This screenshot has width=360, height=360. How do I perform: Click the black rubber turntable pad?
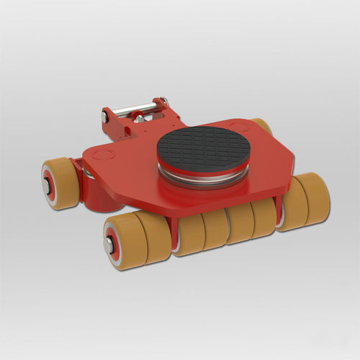pos(203,148)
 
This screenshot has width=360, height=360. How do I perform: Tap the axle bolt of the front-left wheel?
pos(110,245)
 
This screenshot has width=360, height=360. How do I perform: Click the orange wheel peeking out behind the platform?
pos(264,126)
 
